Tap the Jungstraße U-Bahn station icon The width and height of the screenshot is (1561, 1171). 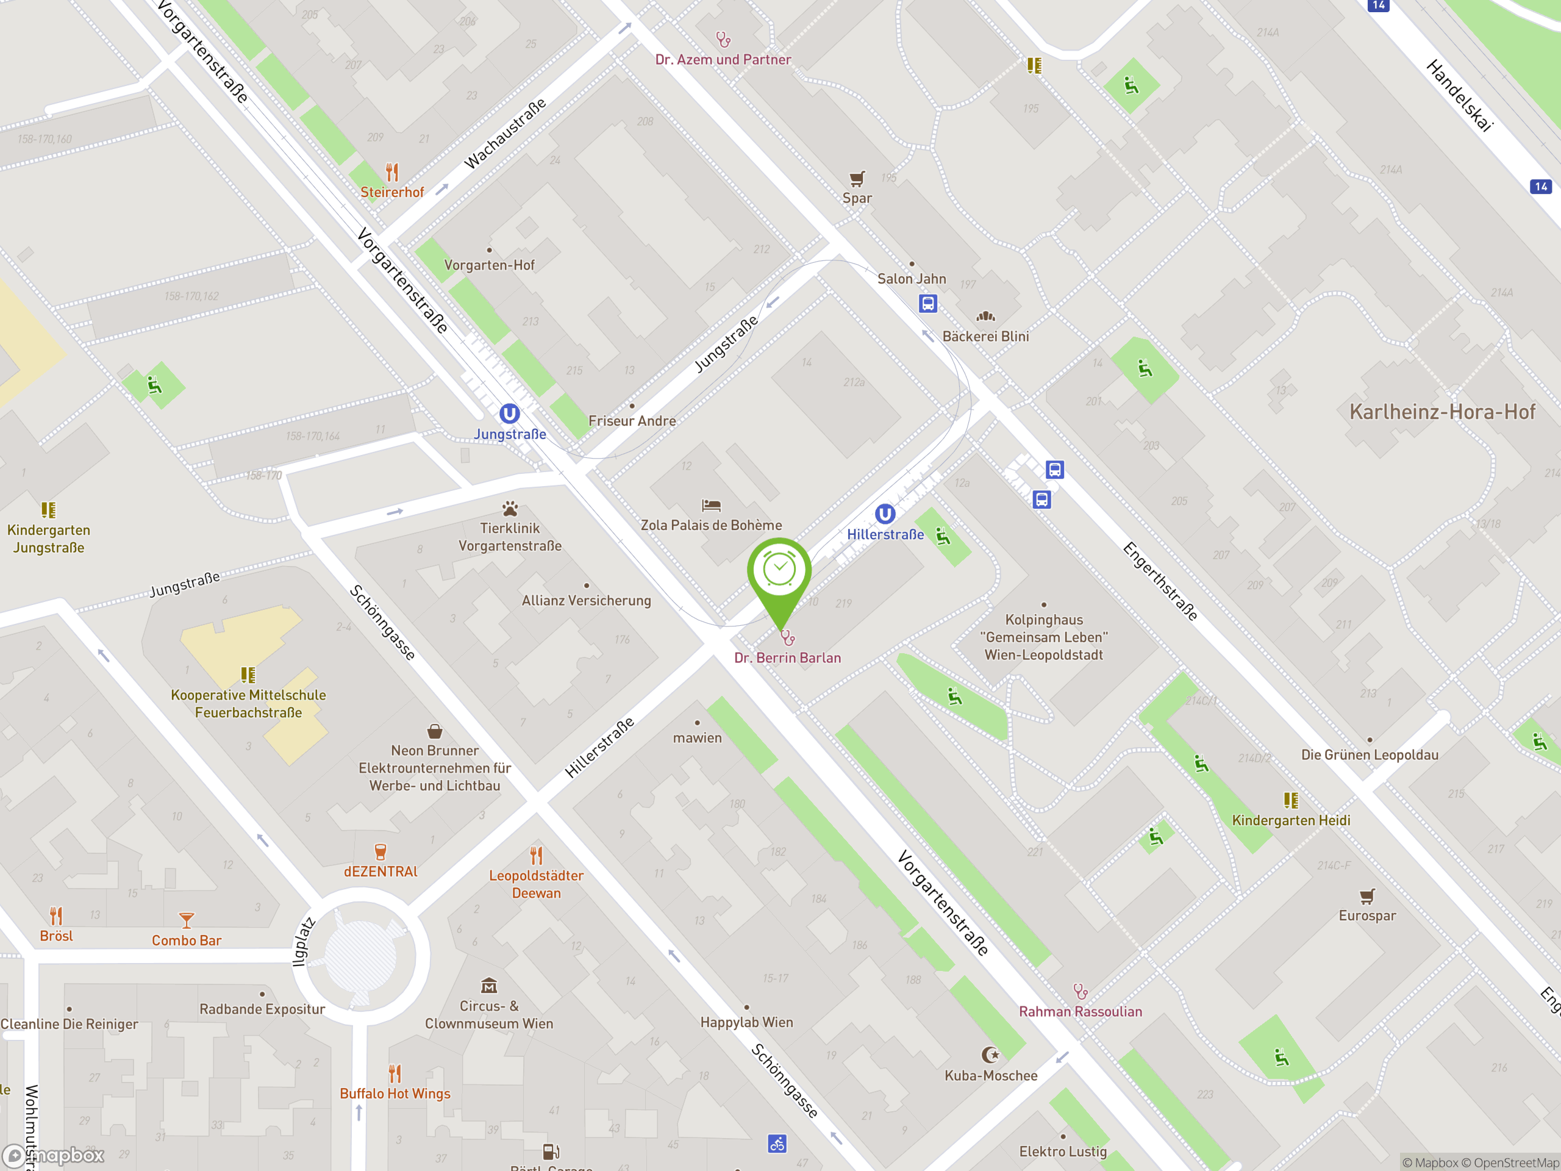click(510, 414)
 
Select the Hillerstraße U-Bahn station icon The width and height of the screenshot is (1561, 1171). click(885, 514)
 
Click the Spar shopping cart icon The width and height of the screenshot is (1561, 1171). click(857, 179)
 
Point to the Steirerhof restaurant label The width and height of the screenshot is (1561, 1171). click(392, 192)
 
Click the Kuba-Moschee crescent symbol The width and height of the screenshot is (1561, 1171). click(991, 1055)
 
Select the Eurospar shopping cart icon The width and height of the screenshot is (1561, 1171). click(1367, 897)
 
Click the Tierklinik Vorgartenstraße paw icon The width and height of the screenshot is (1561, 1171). click(510, 509)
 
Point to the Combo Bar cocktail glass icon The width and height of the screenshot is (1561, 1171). click(187, 920)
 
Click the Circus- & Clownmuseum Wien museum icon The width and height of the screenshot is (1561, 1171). click(489, 986)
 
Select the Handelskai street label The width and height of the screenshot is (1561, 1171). click(1459, 95)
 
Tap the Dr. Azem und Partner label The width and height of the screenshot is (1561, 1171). click(723, 60)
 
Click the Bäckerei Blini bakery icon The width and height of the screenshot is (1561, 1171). click(986, 317)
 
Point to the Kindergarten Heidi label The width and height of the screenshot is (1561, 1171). click(1291, 820)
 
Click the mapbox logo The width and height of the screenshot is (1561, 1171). click(54, 1156)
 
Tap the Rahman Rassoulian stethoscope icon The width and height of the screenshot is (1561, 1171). click(1081, 992)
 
